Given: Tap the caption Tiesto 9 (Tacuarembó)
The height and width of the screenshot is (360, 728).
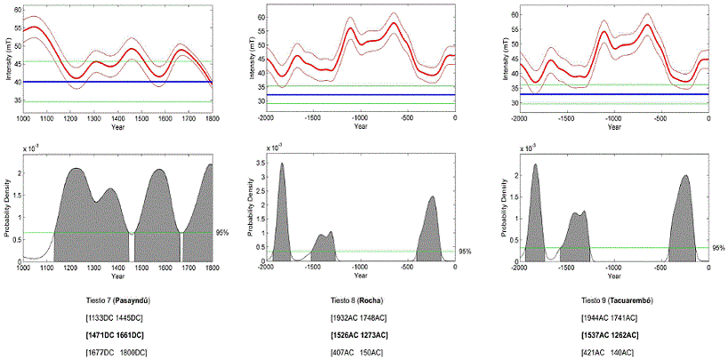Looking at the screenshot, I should [617, 301].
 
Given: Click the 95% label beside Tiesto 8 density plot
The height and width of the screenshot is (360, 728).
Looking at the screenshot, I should [465, 252].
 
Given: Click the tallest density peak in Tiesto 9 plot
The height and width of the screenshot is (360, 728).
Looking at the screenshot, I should [536, 164].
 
